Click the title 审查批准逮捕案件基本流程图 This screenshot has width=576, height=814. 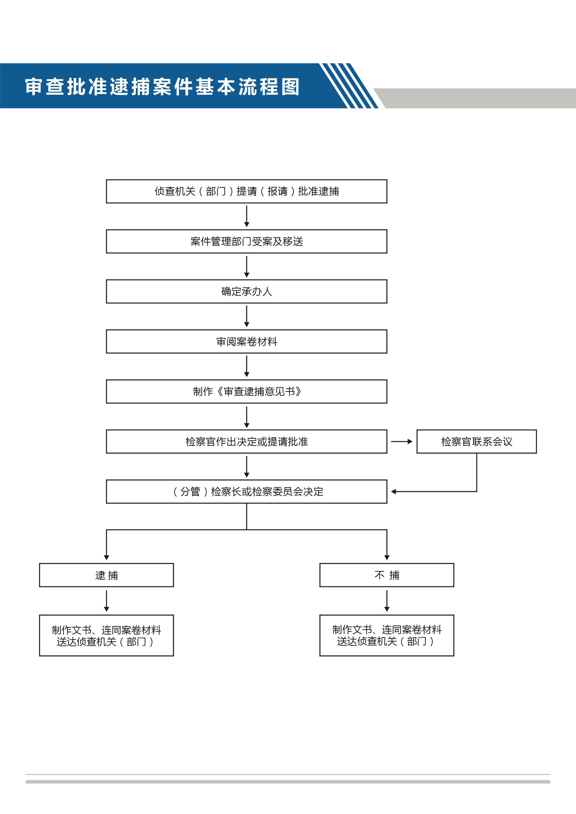click(x=162, y=87)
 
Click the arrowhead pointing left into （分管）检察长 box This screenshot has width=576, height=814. click(x=393, y=491)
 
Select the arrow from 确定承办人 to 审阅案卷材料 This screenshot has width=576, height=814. click(x=247, y=316)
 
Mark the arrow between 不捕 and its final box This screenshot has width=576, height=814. click(x=387, y=601)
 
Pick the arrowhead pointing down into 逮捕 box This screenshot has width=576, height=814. click(x=106, y=558)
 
